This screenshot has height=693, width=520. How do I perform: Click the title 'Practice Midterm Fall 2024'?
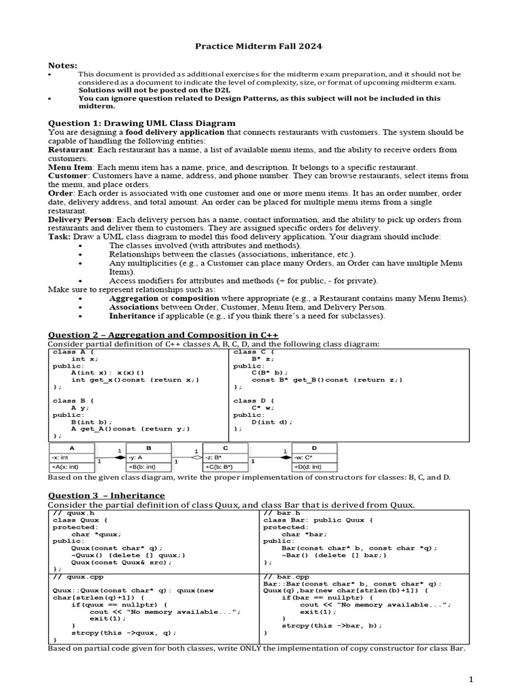click(x=259, y=46)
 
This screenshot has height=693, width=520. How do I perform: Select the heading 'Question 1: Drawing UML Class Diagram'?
click(x=142, y=122)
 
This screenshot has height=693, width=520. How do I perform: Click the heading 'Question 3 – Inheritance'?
click(x=106, y=495)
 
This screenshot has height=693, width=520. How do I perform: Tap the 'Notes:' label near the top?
click(x=62, y=65)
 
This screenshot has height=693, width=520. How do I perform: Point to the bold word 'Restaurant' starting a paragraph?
click(x=70, y=150)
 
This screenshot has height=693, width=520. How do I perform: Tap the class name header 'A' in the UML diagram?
click(x=72, y=448)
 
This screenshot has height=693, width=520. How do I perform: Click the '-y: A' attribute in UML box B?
click(x=137, y=457)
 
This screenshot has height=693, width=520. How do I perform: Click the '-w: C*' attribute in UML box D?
click(x=304, y=457)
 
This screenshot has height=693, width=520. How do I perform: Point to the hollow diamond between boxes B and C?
click(x=196, y=457)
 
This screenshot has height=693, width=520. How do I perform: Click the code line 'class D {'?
click(x=254, y=401)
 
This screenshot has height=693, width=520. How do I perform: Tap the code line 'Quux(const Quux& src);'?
click(x=117, y=562)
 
